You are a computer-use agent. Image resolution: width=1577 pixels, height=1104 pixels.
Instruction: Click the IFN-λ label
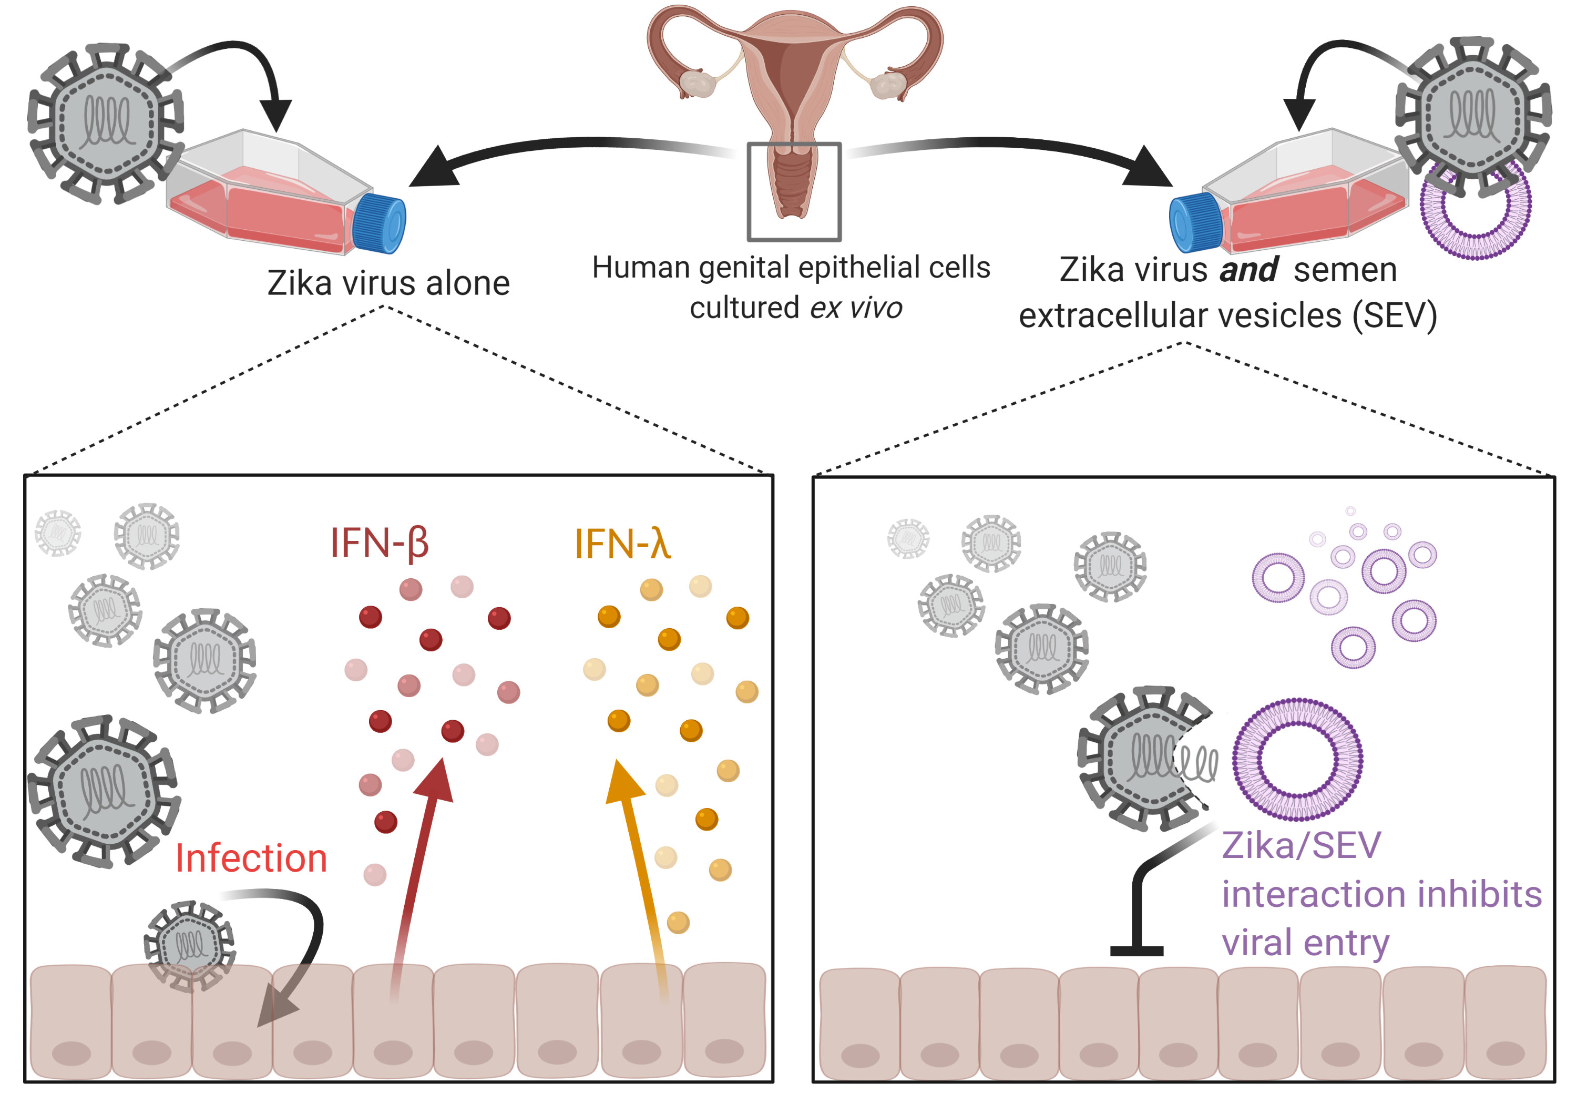tap(621, 544)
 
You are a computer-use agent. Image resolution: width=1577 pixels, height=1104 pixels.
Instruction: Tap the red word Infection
tap(251, 858)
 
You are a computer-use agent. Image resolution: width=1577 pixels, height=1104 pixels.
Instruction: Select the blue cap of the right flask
tap(1195, 222)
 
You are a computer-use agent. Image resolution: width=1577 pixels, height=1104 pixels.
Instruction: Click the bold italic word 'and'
tap(1248, 269)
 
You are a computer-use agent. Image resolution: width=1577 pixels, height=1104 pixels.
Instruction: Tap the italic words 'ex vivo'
tap(856, 308)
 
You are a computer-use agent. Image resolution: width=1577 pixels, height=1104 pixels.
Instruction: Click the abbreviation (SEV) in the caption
tap(1394, 316)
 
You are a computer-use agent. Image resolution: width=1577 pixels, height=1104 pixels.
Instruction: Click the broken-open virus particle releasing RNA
tap(1144, 759)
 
